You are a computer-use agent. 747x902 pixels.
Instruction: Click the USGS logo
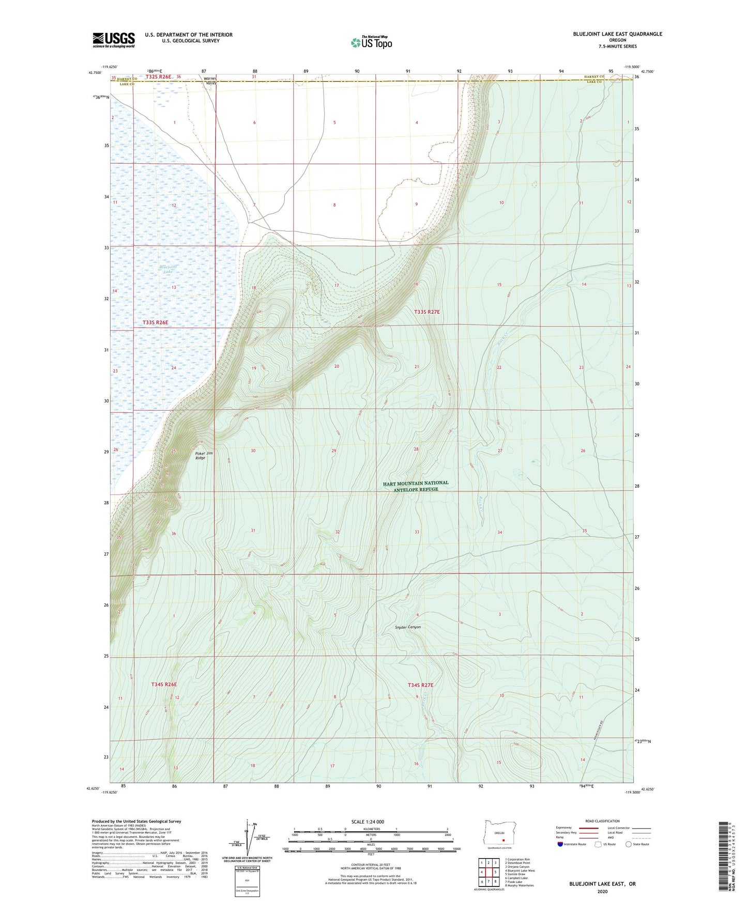114,40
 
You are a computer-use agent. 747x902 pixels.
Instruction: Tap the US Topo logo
371,42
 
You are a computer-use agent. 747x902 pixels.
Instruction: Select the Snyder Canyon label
408,627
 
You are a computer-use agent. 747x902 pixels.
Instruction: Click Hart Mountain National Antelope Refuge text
416,486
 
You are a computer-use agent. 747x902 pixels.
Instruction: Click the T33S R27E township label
426,312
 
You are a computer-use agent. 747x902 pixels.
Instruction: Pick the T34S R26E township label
164,685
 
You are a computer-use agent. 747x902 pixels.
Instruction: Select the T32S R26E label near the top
158,77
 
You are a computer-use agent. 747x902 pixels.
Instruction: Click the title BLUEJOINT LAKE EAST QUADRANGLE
617,34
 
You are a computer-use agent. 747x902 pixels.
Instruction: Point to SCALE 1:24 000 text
368,821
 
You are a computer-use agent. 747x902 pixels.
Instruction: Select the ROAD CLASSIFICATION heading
602,821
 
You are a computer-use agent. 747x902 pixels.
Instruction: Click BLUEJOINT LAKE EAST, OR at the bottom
602,884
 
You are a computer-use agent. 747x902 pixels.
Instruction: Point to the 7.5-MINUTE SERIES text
617,46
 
